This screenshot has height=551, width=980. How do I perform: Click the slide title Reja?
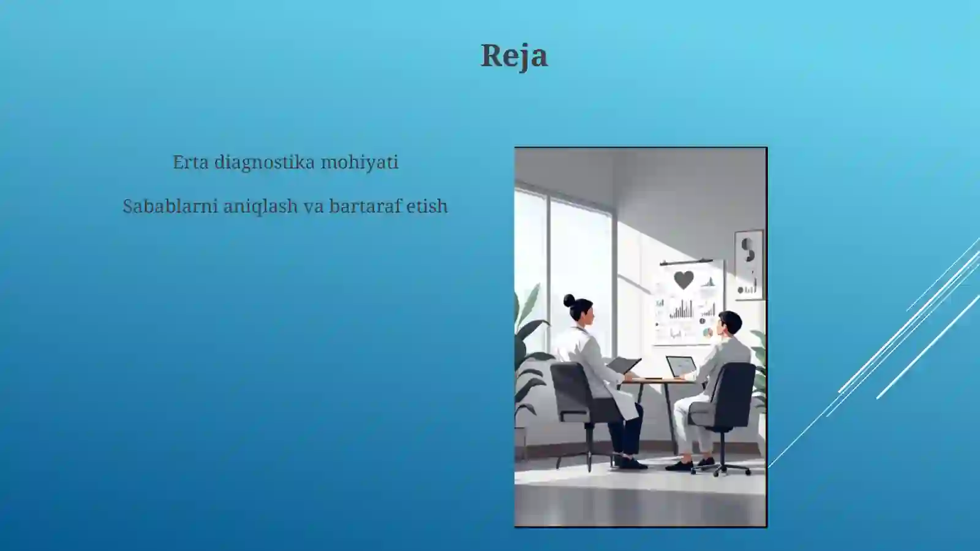514,56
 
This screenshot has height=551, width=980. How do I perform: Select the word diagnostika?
264,163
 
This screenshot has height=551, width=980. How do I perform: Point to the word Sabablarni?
170,206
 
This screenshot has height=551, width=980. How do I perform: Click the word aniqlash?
260,207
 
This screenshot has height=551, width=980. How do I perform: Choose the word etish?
427,206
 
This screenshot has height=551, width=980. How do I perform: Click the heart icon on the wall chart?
684,279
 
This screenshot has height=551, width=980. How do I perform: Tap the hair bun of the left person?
569,300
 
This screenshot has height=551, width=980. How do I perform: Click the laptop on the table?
680,367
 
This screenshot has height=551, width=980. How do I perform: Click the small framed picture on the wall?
748,264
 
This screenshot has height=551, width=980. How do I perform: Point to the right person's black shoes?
689,464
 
